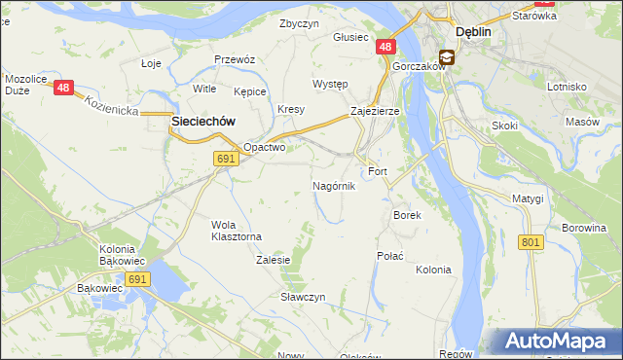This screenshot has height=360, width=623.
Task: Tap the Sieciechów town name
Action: [x=203, y=121]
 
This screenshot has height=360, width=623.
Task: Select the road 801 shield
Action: [x=531, y=241]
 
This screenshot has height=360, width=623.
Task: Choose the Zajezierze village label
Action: [x=375, y=112]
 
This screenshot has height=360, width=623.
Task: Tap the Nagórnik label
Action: [x=334, y=185]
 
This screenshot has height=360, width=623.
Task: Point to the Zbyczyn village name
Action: [x=299, y=23]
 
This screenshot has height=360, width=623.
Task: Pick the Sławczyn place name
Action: [x=303, y=296]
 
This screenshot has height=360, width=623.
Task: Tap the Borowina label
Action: [x=585, y=228]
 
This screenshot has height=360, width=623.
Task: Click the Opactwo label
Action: [x=264, y=148]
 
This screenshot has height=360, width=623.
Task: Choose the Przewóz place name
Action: [x=235, y=59]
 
